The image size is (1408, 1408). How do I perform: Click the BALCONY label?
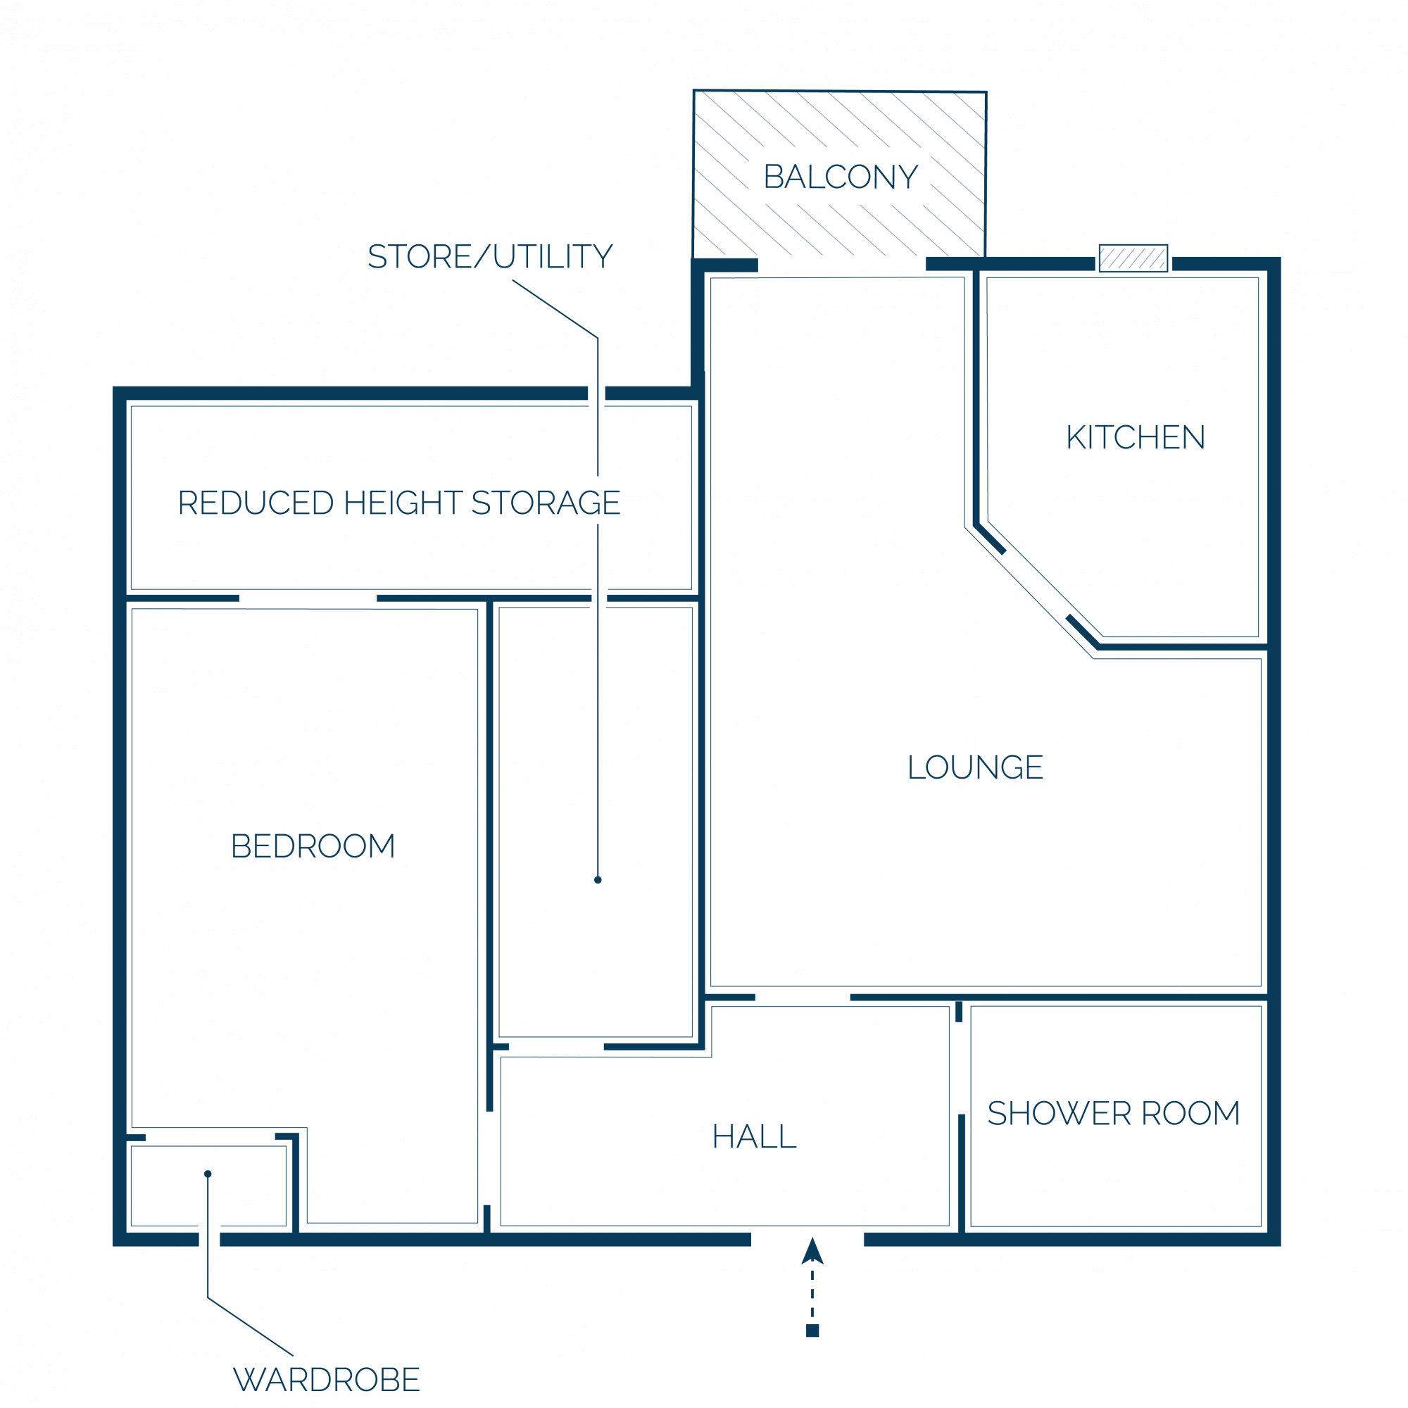click(841, 177)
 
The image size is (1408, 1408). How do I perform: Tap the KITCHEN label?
click(1136, 437)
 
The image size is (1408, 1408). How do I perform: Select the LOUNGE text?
click(975, 767)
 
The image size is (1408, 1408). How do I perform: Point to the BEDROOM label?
click(313, 846)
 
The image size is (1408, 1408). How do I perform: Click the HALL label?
click(754, 1136)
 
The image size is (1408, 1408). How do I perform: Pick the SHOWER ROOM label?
click(1114, 1113)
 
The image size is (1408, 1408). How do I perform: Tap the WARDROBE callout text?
click(327, 1379)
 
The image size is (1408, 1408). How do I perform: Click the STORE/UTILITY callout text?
click(490, 256)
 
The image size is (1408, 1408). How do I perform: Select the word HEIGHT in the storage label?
click(403, 503)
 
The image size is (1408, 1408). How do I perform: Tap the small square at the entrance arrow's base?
click(812, 1331)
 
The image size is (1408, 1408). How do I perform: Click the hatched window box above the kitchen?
click(1133, 258)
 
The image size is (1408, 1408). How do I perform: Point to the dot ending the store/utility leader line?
click(598, 879)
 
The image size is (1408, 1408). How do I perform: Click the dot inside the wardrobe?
click(208, 1174)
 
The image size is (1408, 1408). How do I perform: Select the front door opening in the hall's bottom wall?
click(807, 1240)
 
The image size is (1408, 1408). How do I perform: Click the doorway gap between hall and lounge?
click(803, 997)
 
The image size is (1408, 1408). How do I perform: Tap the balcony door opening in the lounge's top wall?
click(842, 265)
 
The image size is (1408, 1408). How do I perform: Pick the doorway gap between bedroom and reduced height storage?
click(308, 598)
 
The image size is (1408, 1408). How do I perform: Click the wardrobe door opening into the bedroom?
click(210, 1137)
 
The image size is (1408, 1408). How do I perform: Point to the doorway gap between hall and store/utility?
click(556, 1047)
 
